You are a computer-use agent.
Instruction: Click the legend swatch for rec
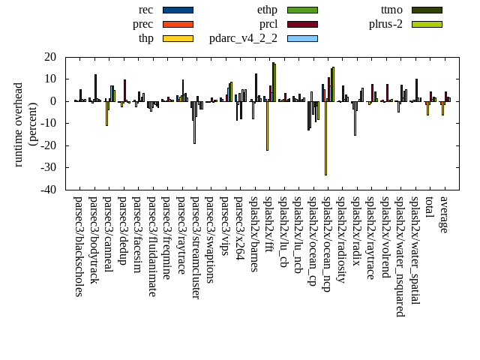178,10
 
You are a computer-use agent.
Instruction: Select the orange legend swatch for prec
178,24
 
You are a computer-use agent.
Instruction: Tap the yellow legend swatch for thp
178,38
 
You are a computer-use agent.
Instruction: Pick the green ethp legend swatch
302,10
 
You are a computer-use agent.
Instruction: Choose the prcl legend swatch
302,24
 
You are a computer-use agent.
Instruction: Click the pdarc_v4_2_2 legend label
243,38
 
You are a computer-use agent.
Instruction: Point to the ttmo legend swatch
427,10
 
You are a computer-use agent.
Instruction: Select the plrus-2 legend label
385,24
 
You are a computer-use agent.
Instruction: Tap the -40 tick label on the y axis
49,190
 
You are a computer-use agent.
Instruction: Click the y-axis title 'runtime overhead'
19,124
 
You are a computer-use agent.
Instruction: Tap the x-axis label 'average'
444,215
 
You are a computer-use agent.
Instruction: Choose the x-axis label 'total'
429,208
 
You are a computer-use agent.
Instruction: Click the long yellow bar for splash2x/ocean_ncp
325,138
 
